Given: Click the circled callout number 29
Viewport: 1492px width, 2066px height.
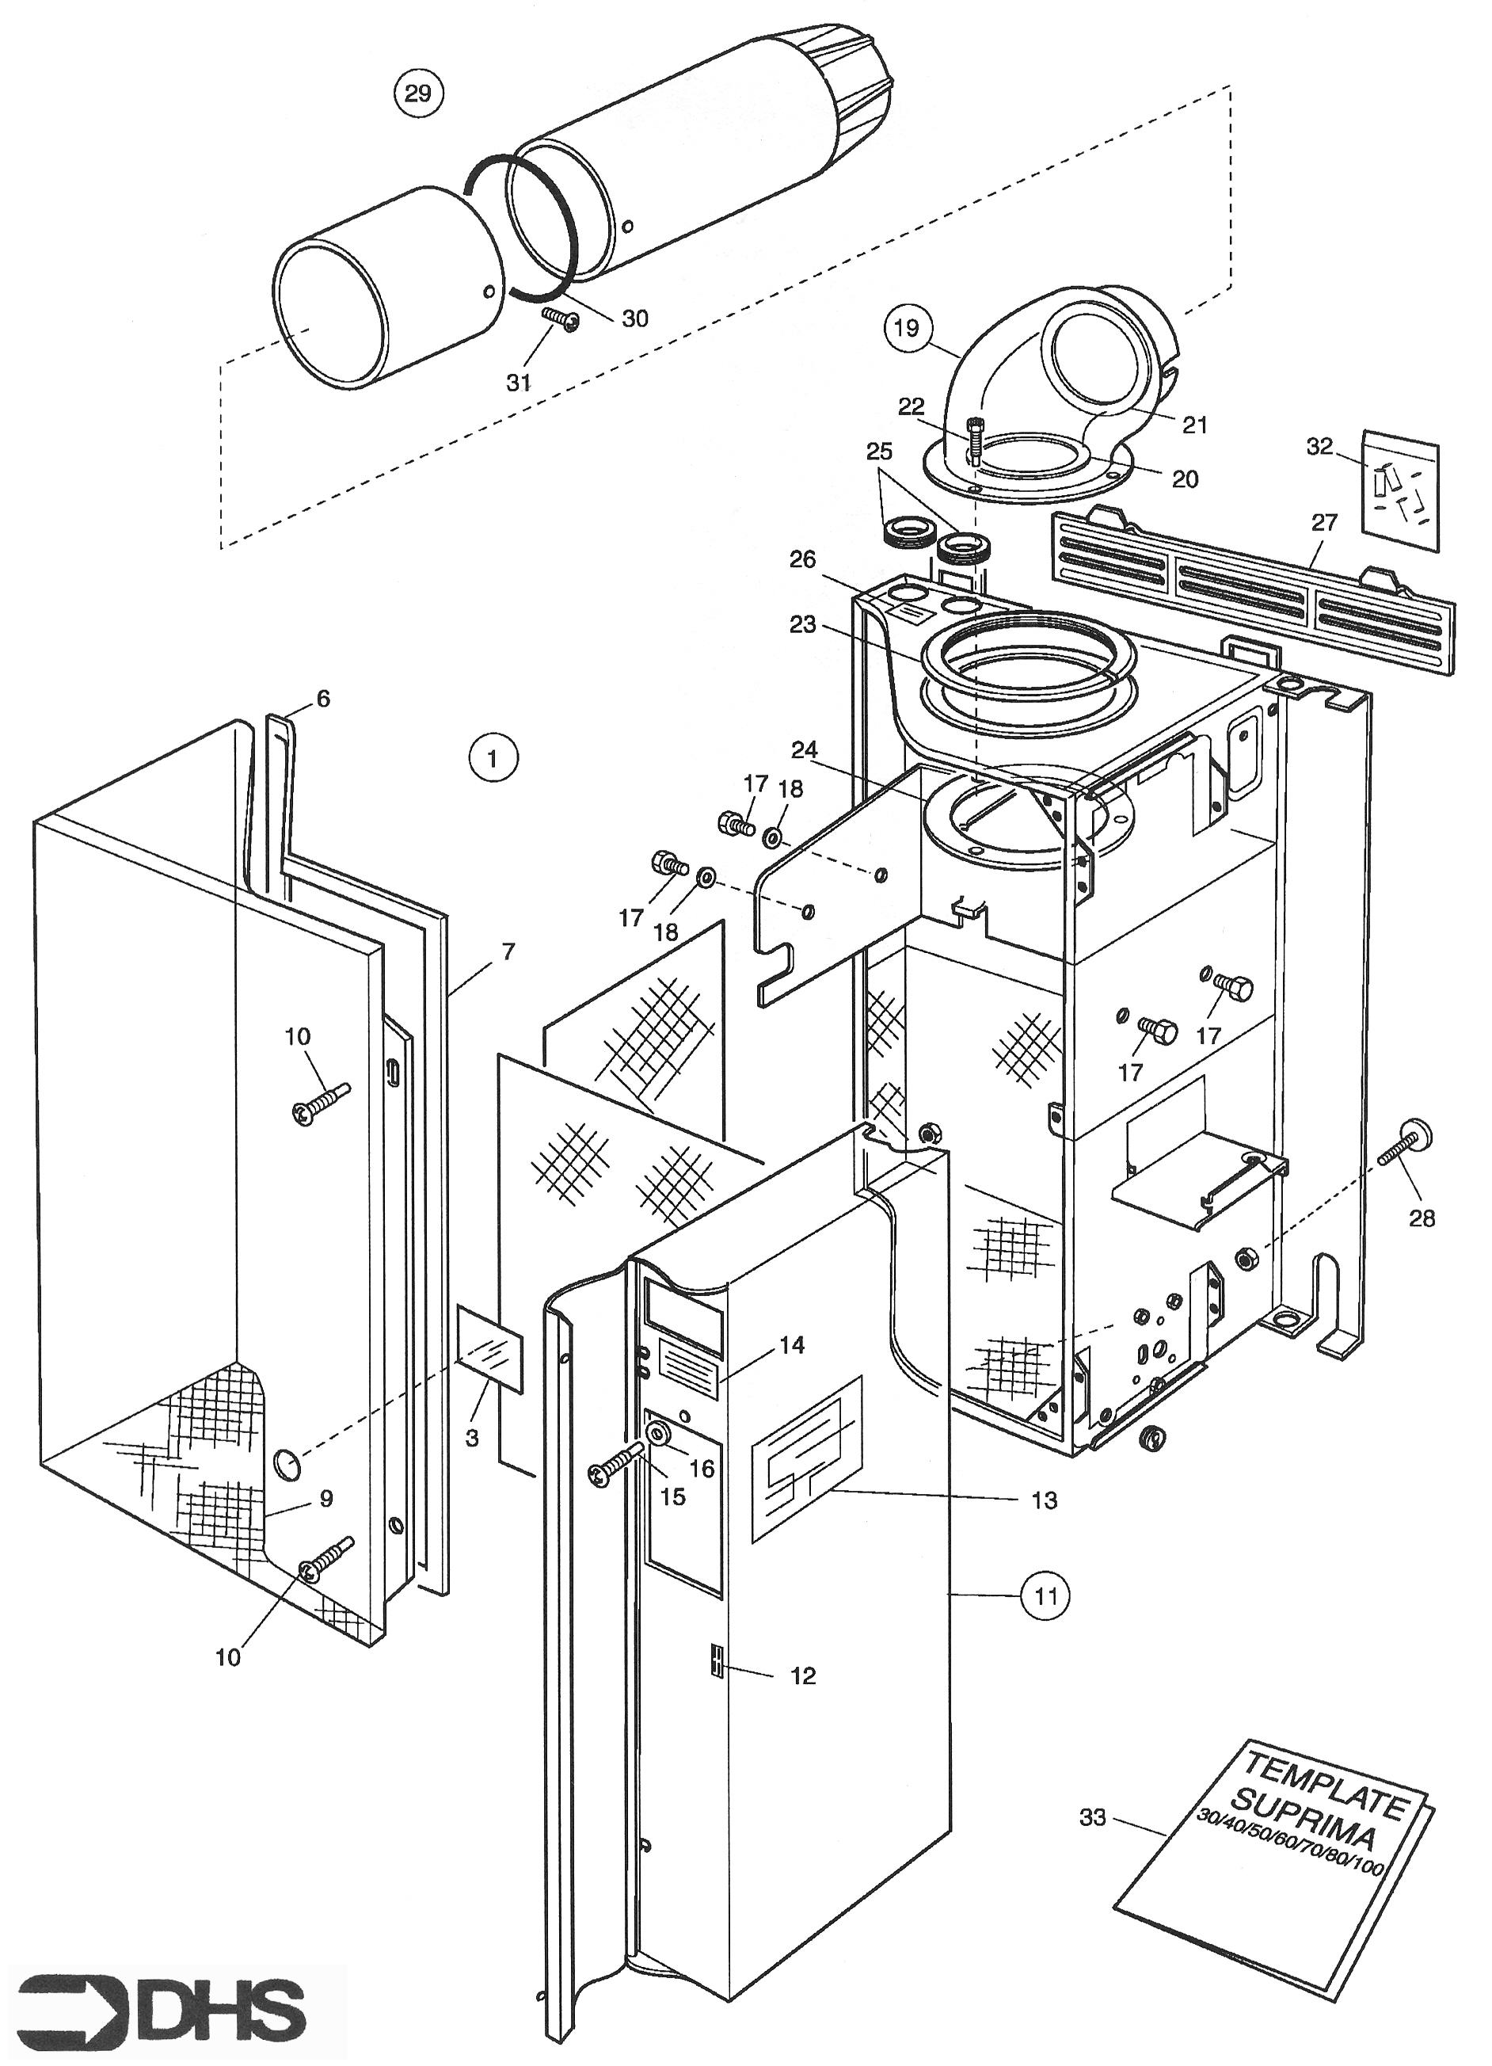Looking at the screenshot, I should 417,93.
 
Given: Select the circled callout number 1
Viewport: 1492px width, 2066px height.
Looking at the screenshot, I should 493,758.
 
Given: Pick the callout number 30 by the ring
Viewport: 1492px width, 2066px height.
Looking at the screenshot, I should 635,318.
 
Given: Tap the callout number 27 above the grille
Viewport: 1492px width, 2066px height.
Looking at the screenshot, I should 1323,522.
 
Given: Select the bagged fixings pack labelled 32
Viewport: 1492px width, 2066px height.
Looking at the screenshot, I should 1401,491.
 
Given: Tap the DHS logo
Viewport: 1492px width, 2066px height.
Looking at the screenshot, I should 160,2001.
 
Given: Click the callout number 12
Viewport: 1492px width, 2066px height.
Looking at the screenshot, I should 802,1675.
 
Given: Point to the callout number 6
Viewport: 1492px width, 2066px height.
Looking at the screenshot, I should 322,699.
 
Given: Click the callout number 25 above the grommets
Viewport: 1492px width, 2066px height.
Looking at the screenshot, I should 879,452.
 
